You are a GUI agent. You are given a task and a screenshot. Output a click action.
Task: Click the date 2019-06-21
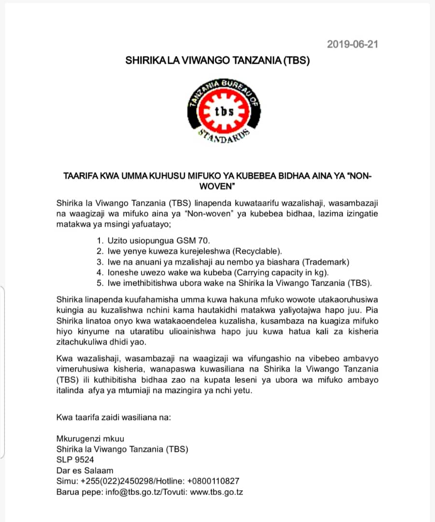352,44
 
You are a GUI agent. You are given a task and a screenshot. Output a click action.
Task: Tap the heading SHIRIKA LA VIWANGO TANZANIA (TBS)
217,61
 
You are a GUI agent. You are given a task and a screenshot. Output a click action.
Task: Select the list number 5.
99,283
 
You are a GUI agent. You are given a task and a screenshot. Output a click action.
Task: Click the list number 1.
99,240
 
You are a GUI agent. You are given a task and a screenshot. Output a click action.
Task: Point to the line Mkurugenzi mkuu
90,438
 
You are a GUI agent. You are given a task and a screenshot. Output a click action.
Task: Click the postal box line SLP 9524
75,460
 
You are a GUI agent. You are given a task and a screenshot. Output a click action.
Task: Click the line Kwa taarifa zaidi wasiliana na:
113,417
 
